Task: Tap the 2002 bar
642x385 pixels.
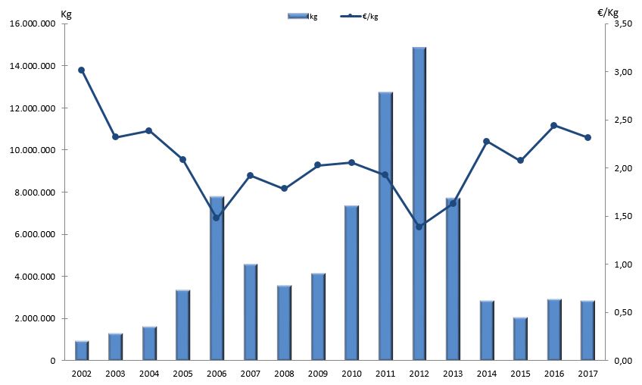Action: pos(82,351)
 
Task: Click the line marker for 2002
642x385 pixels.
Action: pos(82,70)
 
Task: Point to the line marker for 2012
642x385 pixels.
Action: pos(419,227)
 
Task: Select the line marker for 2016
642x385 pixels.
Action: pos(554,126)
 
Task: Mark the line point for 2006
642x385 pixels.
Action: pos(217,218)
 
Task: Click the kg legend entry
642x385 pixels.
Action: pos(303,16)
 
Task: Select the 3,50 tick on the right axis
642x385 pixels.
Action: pos(623,24)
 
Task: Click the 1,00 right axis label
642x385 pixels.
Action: pos(623,264)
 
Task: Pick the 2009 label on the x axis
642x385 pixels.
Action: pos(317,374)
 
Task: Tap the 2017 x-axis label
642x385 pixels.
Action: pos(587,374)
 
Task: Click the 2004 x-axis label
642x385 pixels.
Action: pos(148,374)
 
